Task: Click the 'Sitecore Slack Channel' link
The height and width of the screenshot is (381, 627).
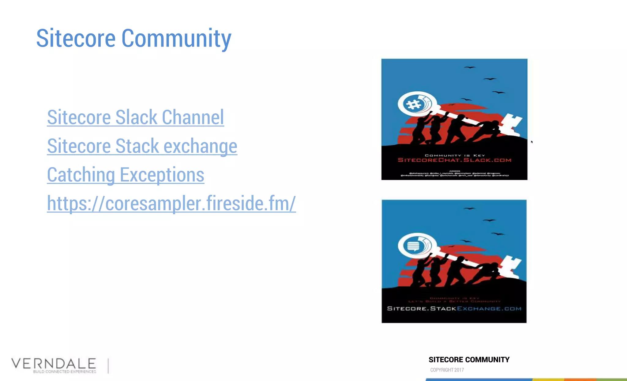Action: pos(135,117)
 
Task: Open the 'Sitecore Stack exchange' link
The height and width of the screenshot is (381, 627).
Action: pos(142,146)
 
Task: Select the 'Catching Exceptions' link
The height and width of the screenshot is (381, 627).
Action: pos(126,175)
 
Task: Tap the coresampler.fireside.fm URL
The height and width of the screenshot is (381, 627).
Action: pos(171,203)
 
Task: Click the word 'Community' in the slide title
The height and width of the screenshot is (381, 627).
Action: pos(176,38)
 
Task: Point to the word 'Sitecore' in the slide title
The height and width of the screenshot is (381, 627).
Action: pos(76,38)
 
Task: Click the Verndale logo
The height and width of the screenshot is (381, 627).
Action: pos(54,364)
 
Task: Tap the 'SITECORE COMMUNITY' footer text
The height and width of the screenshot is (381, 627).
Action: pos(469,360)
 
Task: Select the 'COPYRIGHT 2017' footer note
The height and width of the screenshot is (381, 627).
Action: pos(447,370)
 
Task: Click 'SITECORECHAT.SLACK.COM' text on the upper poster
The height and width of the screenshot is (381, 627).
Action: pos(454,160)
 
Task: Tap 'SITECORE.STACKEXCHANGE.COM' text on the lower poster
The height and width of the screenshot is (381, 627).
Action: pos(454,308)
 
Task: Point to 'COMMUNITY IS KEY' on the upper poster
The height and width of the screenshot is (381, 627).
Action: pos(455,155)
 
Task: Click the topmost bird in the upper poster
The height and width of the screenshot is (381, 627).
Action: pos(470,67)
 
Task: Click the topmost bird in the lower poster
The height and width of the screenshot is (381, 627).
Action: pos(469,209)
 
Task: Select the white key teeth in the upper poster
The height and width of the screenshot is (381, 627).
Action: pos(511,124)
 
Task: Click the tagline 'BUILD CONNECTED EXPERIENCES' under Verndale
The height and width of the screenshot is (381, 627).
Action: pos(64,372)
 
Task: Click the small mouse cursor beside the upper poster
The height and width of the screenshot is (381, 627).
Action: pos(532,142)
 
